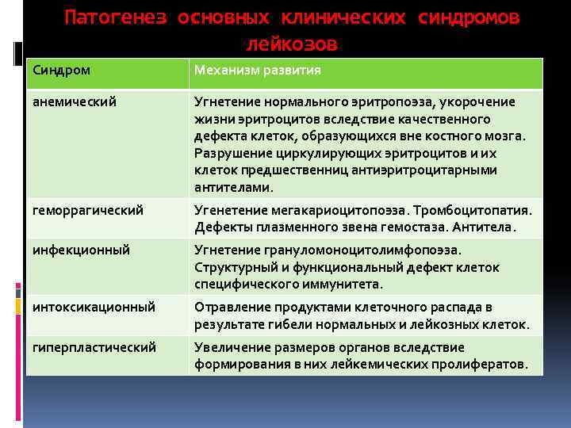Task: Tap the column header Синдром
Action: tap(61, 71)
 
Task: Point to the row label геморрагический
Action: tap(88, 210)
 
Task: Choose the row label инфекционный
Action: tap(81, 250)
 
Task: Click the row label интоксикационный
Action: tap(93, 306)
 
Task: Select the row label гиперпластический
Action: tap(94, 346)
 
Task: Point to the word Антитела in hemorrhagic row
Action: tap(485, 227)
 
